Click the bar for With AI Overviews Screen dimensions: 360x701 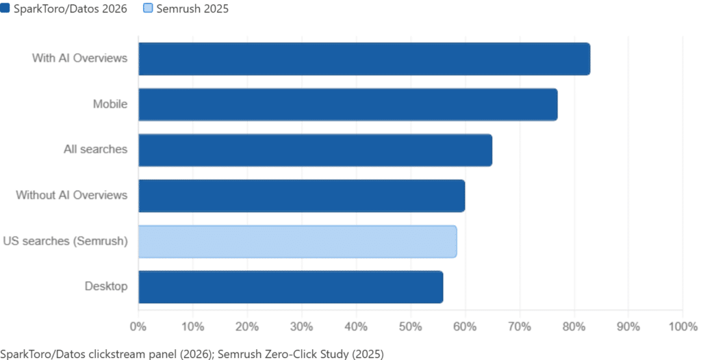(x=364, y=59)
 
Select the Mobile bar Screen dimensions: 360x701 (x=348, y=105)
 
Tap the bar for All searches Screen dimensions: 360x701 (x=315, y=151)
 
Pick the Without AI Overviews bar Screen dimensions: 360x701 (x=301, y=196)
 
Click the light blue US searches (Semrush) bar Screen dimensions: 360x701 (x=297, y=242)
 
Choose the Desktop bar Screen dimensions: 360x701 (x=290, y=287)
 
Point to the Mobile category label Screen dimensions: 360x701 (x=110, y=105)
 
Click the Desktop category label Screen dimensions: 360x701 (x=105, y=287)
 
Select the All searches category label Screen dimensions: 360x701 (x=101, y=151)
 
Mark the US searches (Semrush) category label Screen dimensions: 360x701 (x=65, y=242)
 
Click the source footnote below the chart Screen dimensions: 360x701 (x=192, y=352)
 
